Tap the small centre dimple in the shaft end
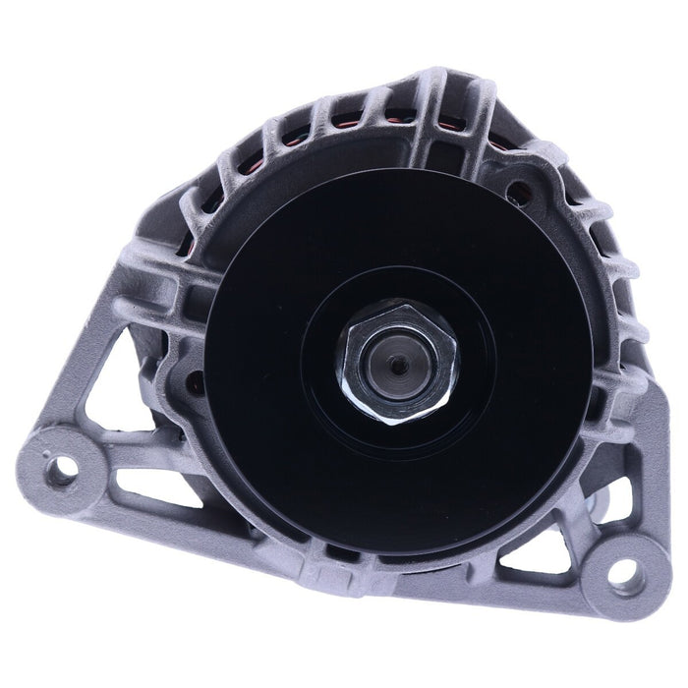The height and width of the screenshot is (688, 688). (x=397, y=365)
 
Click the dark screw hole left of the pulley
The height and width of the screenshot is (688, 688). (x=194, y=383)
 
